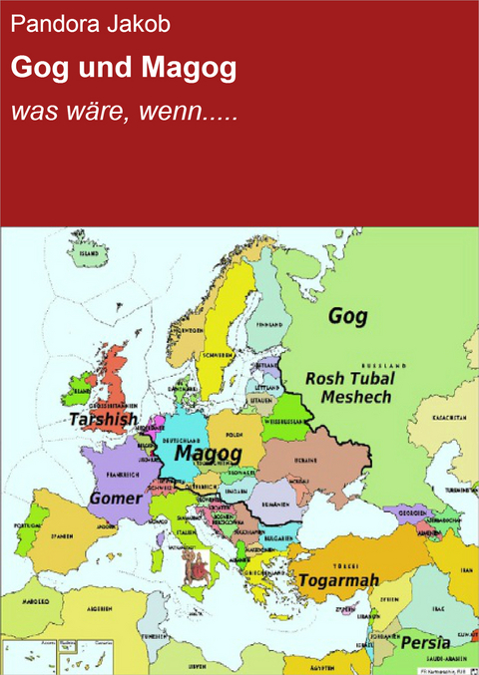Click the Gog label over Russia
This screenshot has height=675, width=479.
click(347, 317)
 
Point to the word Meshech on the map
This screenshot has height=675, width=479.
click(357, 397)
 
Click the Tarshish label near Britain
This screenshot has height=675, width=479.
click(103, 420)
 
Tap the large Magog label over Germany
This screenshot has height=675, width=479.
click(208, 454)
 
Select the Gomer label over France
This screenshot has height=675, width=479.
click(115, 497)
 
